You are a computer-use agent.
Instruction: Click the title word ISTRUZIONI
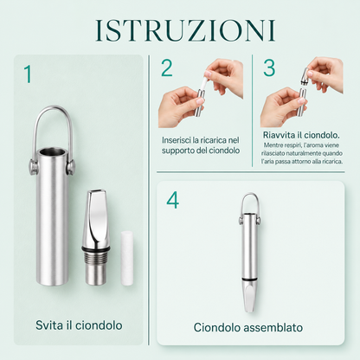point(185,30)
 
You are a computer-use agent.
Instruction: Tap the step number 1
point(28,74)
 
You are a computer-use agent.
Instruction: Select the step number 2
point(167,67)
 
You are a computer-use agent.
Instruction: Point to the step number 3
point(269,67)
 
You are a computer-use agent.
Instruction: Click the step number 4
point(173,200)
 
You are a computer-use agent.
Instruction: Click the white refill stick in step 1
point(127,258)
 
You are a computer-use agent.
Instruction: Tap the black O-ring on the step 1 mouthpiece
point(96,248)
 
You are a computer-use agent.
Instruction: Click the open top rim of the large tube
point(53,151)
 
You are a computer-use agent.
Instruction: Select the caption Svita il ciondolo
point(79,325)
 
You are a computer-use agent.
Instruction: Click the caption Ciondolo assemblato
point(248,327)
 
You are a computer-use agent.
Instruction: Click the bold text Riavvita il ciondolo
point(301,135)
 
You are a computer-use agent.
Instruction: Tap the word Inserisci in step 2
point(177,140)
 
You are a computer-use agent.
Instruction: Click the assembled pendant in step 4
point(250,253)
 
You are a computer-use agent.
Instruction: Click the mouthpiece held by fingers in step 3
point(304,75)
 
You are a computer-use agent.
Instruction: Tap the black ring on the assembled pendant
point(250,280)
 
